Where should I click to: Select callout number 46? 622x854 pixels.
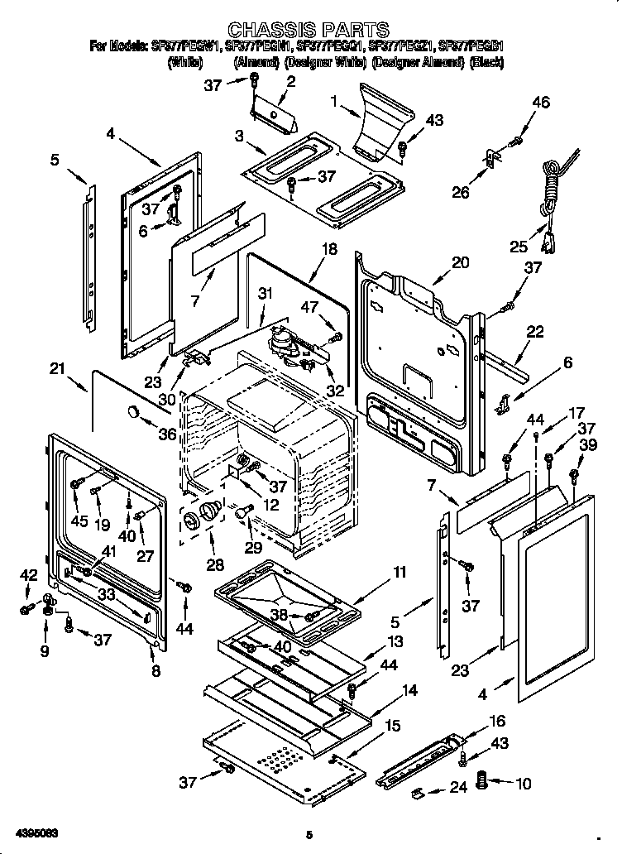tap(540, 103)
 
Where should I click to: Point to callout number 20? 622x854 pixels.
tap(460, 262)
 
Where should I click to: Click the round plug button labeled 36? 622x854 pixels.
tap(133, 413)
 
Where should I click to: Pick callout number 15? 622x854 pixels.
tap(393, 726)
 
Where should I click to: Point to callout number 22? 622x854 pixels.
tap(535, 332)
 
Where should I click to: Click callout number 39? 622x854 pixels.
tap(588, 445)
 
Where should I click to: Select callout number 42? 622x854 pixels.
tap(28, 574)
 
